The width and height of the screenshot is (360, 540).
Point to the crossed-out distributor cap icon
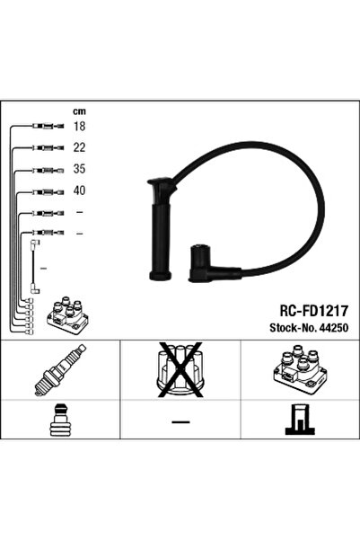pos(180,369)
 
